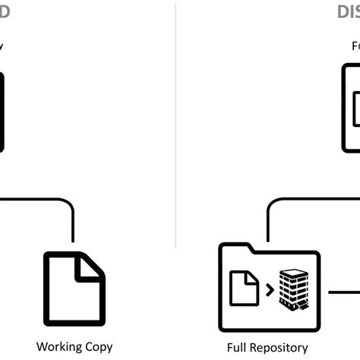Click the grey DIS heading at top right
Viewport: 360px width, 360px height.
(x=348, y=11)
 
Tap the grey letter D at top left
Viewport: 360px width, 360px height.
(x=5, y=11)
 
